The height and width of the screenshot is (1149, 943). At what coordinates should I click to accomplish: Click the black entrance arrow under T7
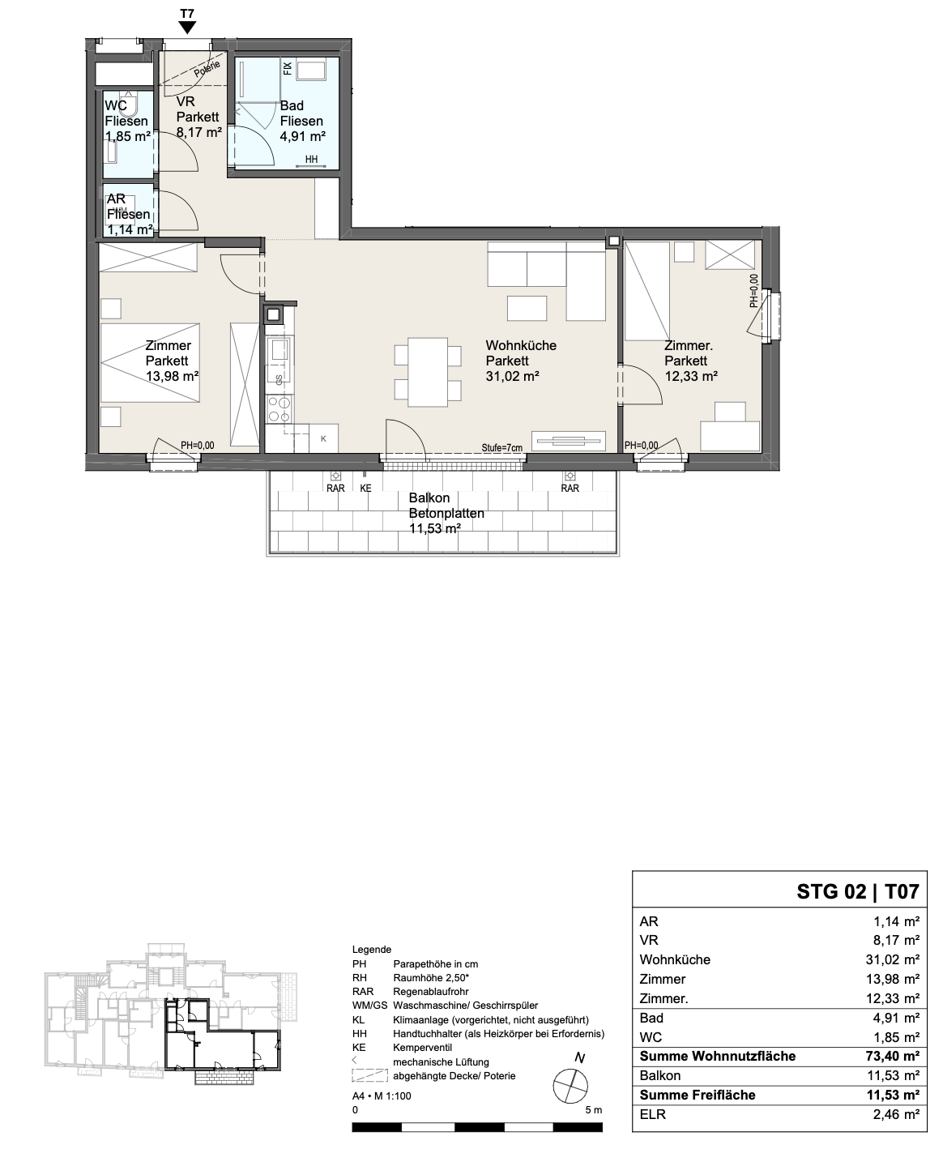click(x=187, y=28)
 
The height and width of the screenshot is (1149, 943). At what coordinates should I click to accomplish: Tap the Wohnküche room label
click(x=521, y=345)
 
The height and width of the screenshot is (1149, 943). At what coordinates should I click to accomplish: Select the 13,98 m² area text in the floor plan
click(x=172, y=376)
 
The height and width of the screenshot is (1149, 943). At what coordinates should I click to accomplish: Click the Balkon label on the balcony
click(x=429, y=498)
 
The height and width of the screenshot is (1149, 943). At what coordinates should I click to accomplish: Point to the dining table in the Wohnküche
click(x=428, y=372)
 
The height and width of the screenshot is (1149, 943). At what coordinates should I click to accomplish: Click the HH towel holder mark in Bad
click(x=311, y=160)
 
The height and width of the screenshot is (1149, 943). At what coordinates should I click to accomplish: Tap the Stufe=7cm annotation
click(x=501, y=448)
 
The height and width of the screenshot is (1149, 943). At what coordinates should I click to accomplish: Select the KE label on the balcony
click(x=365, y=489)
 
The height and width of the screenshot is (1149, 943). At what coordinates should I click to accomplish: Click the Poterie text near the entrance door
click(x=207, y=69)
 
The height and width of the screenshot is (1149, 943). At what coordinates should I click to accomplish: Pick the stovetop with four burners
click(x=279, y=409)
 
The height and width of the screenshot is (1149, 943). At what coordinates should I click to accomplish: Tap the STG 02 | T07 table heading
click(x=857, y=891)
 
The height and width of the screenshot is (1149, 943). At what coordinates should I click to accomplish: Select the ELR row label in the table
click(x=653, y=1114)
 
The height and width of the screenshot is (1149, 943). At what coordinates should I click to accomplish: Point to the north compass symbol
click(x=570, y=1086)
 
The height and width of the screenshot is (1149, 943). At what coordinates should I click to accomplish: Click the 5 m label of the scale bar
click(x=593, y=1110)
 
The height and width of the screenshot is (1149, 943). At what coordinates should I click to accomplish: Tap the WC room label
click(x=116, y=105)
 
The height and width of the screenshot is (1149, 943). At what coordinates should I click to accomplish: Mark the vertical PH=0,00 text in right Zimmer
click(x=753, y=290)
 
